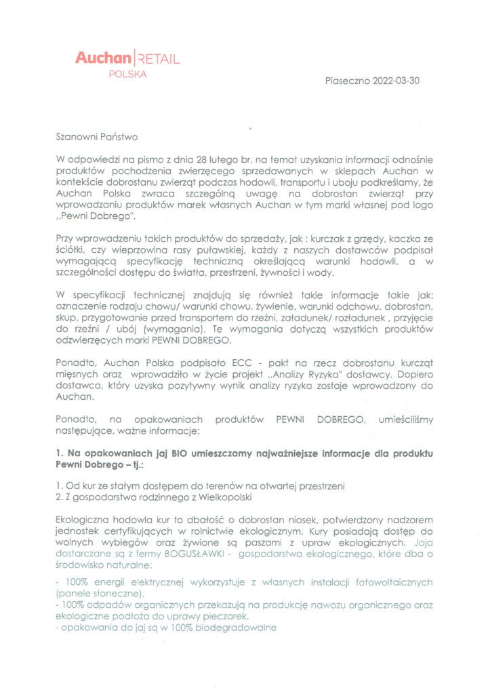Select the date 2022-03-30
click(394, 81)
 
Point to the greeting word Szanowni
click(78, 137)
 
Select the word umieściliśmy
click(405, 420)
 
